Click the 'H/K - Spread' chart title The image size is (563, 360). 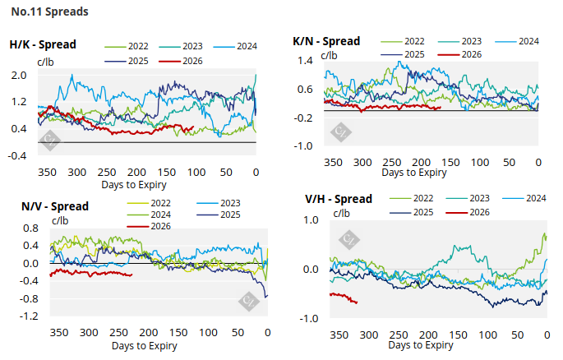(43, 45)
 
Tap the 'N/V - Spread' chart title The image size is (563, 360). (43, 205)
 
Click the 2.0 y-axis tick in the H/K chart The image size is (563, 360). (20, 76)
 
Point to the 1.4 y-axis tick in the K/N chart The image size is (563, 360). (306, 62)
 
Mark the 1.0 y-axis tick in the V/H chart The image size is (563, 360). (311, 220)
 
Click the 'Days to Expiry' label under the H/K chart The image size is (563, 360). (137, 186)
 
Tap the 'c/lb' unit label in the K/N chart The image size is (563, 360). (329, 55)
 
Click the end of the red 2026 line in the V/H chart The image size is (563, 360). (357, 302)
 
